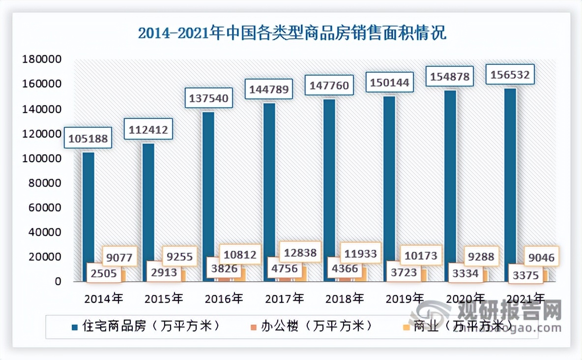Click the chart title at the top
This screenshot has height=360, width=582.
[292, 33]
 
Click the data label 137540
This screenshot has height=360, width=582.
[209, 98]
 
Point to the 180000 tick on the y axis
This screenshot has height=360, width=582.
[41, 60]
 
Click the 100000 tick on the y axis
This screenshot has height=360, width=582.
[41, 159]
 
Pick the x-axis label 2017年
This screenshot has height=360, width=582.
[285, 298]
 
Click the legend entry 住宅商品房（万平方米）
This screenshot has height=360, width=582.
[145, 326]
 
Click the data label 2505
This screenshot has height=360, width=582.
[103, 273]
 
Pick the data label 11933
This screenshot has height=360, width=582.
[360, 253]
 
